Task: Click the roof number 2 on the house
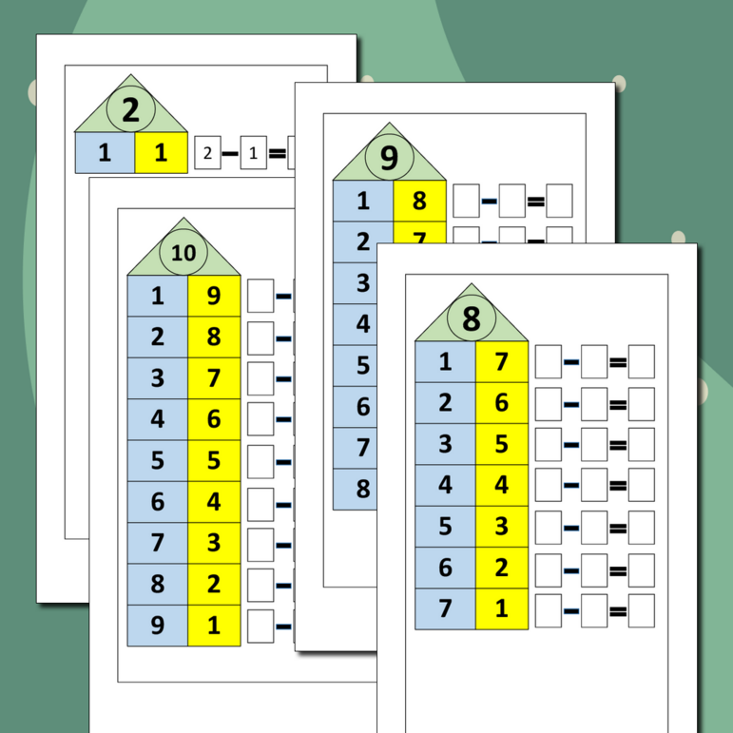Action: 131,109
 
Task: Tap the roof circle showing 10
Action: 183,253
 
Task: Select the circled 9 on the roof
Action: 390,158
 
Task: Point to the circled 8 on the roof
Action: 472,318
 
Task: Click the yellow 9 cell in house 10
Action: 214,296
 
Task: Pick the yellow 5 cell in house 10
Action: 214,460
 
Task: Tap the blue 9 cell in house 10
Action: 158,626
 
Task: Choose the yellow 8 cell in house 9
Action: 420,201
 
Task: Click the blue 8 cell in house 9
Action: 356,489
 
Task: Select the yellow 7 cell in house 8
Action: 502,362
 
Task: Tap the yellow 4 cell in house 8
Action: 502,485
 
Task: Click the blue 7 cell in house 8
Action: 445,609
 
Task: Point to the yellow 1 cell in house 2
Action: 162,153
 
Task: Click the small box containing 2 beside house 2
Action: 207,152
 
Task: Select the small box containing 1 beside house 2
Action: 254,152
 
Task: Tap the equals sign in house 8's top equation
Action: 618,362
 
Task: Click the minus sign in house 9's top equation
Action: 489,202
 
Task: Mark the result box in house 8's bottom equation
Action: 642,610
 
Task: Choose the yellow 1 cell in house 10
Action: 214,626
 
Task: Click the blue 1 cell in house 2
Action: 106,153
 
